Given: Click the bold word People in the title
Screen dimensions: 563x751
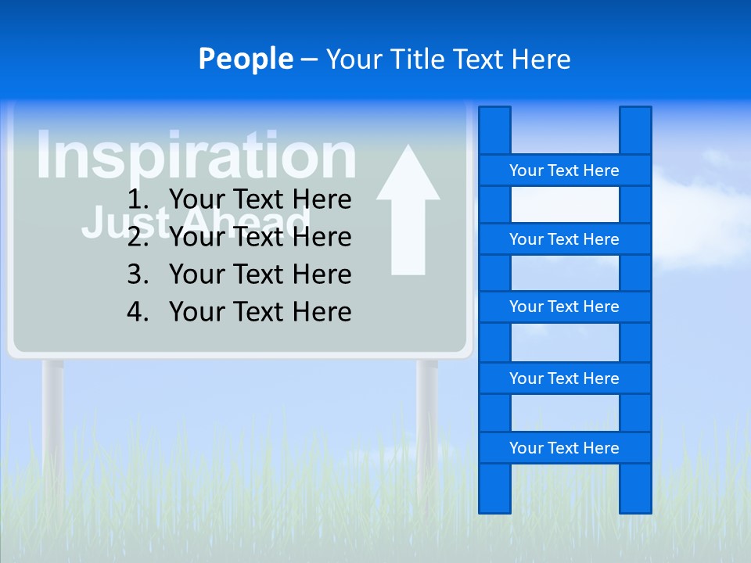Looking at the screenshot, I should [x=245, y=59].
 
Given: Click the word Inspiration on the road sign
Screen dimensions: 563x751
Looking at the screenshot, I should [x=196, y=156].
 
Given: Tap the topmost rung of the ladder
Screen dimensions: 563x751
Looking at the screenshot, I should [x=564, y=170].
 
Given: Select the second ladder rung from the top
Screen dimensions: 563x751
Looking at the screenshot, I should [x=564, y=239].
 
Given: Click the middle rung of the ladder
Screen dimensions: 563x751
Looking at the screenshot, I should [x=564, y=307].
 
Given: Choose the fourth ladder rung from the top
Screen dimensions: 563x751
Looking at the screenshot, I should [x=564, y=378].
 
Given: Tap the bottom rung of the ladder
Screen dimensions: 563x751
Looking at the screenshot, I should [x=564, y=448].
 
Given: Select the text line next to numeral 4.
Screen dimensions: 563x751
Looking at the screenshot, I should [x=260, y=312].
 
